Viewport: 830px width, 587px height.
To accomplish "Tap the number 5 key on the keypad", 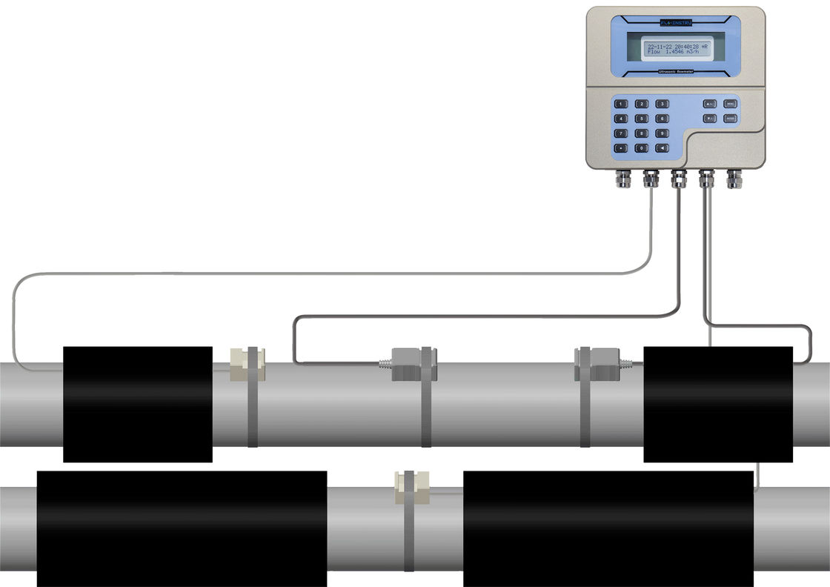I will coord(642,119).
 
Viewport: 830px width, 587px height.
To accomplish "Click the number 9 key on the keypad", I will coord(663,133).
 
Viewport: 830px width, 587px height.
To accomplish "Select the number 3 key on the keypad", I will coord(663,104).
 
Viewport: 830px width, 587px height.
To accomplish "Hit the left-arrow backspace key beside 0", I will coord(663,148).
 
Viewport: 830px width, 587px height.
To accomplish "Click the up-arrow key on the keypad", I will coord(709,104).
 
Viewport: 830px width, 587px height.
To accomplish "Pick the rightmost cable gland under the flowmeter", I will coord(734,179).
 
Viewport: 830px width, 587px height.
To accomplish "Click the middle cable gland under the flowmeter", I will coord(679,179).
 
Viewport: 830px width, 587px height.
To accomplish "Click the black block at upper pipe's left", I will coord(138,404).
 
